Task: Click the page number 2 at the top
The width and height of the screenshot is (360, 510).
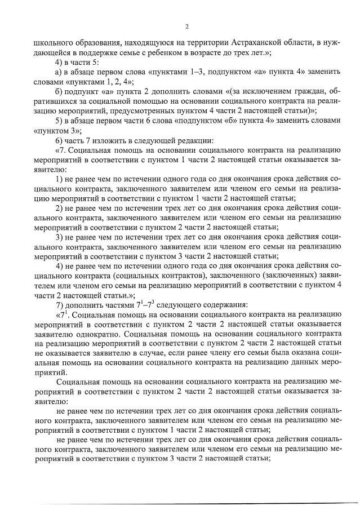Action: (x=186, y=26)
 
